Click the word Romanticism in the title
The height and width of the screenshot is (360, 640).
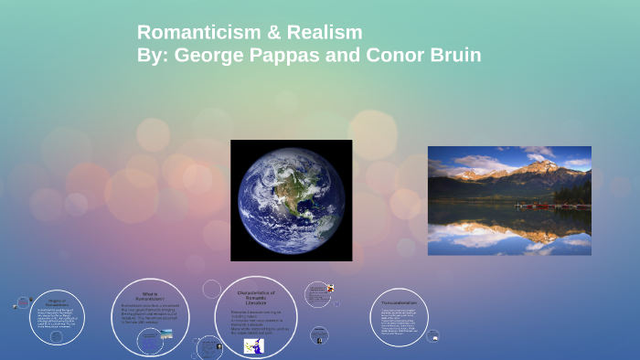point(192,32)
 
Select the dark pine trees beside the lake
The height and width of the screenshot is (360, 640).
point(578,193)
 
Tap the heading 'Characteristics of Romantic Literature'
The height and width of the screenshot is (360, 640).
point(256,296)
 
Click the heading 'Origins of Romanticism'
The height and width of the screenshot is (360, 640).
point(57,302)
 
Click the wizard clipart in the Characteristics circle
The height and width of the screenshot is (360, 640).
point(253,346)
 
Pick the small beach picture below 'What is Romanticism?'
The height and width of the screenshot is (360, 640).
point(164,334)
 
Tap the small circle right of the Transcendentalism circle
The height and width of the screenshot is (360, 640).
point(434,336)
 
